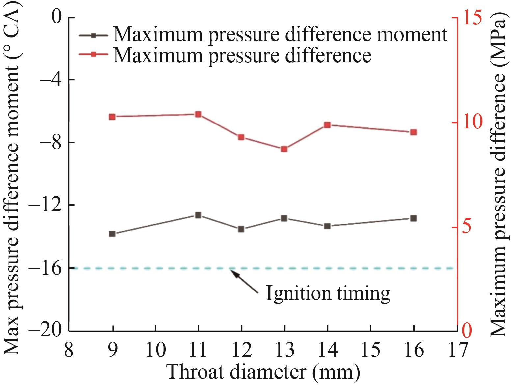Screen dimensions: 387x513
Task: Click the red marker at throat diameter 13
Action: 284,149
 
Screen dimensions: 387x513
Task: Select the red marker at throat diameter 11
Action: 198,114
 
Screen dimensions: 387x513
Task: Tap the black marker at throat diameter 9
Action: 112,234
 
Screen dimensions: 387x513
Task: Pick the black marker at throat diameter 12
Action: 241,229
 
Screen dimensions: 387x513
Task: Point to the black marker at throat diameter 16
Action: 414,218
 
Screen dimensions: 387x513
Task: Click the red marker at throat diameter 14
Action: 327,125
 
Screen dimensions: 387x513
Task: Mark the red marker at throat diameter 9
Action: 112,117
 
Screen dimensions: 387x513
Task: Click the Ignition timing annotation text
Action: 328,293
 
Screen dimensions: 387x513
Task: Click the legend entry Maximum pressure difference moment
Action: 280,34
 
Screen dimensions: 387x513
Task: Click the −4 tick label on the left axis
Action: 49,80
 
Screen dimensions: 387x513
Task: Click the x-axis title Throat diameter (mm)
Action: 263,372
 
